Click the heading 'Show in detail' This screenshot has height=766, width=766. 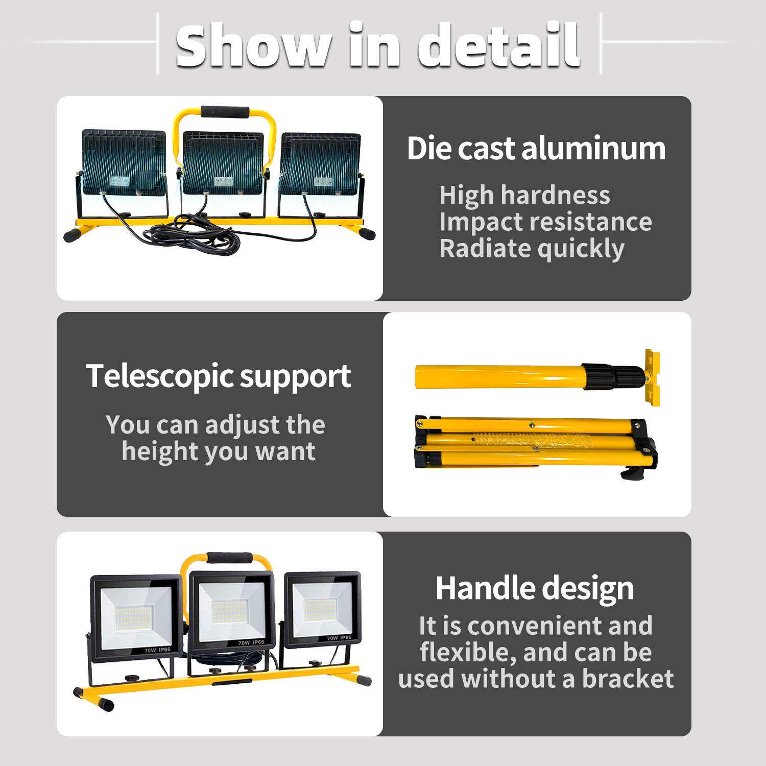click(378, 45)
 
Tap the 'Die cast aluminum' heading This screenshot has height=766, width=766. click(536, 149)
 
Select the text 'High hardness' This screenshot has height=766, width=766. click(524, 195)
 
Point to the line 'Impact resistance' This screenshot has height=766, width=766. click(545, 222)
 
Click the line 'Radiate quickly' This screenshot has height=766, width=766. click(532, 249)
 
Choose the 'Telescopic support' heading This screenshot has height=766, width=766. click(219, 377)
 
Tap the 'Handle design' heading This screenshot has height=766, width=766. click(535, 589)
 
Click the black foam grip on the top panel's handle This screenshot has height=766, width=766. click(225, 112)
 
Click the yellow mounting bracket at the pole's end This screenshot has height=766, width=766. click(652, 377)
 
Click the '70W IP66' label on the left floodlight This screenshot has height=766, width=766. click(157, 650)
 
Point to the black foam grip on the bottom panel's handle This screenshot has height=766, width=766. click(229, 558)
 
